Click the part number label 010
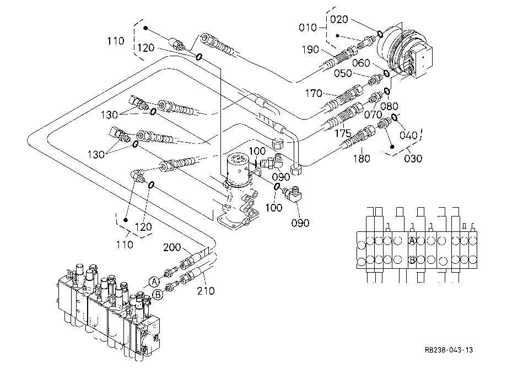pos(308,28)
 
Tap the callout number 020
pos(339,19)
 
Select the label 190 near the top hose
pos(310,50)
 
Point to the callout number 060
pos(361,63)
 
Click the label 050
pos(343,73)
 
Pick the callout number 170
pos(314,93)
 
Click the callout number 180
pos(361,158)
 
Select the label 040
pos(408,135)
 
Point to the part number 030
pos(413,158)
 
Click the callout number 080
pos(389,106)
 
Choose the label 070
pos(373,115)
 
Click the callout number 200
pos(172,247)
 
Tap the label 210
pos(206,291)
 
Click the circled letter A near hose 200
pos(154,282)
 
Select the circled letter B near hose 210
pos(158,295)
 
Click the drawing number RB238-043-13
pos(449,350)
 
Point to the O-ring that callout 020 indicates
pos(380,34)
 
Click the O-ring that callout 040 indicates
pos(395,117)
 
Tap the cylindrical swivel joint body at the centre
pos(238,170)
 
